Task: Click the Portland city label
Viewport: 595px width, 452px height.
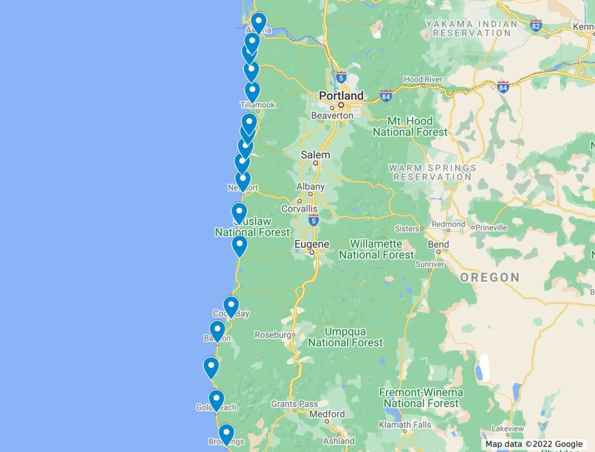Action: [x=341, y=96]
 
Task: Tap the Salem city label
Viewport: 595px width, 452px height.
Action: [x=315, y=155]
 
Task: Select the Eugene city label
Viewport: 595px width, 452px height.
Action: [x=312, y=244]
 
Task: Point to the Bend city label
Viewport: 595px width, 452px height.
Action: [x=438, y=244]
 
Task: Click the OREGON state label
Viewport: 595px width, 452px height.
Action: [x=490, y=277]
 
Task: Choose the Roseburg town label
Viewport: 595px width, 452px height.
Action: [x=272, y=335]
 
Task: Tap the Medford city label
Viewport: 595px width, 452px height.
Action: [x=327, y=414]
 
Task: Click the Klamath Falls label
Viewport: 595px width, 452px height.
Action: [x=405, y=425]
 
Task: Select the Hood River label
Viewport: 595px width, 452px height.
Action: [x=423, y=79]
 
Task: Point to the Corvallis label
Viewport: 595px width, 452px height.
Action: [x=299, y=209]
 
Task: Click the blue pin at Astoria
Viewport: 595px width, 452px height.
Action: [x=258, y=22]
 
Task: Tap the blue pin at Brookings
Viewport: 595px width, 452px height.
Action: [x=226, y=433]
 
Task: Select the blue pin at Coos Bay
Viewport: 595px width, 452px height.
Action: [x=231, y=306]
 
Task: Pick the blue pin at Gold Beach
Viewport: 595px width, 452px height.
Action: [x=216, y=399]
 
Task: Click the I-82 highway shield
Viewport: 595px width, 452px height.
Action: [x=536, y=25]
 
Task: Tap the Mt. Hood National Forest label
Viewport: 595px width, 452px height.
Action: [x=410, y=127]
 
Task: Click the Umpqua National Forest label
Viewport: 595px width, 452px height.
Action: [x=345, y=337]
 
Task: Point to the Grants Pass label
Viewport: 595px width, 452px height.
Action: [x=294, y=404]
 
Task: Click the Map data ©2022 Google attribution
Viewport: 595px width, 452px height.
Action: [x=533, y=444]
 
